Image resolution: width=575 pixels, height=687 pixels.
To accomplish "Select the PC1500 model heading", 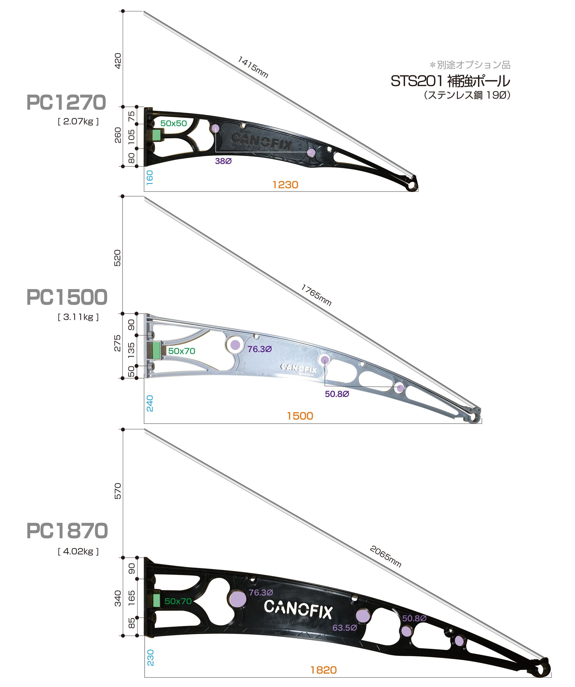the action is click(x=67, y=297).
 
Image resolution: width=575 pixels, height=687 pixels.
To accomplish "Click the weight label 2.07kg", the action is click(x=78, y=122).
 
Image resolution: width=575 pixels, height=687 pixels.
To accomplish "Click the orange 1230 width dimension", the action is click(x=285, y=185).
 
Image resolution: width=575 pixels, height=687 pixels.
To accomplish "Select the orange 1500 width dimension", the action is click(x=300, y=416).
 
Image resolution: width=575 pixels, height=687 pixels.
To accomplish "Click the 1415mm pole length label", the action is click(x=253, y=67).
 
